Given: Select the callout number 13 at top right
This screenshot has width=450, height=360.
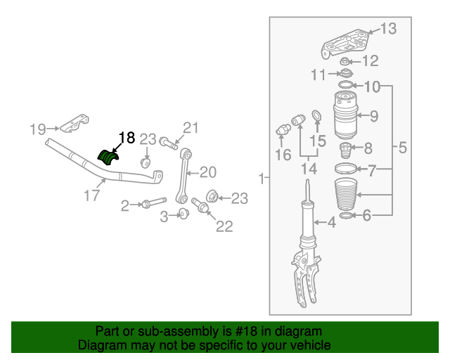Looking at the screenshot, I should click(388, 29).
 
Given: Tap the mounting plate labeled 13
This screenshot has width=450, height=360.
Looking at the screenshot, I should click(346, 44).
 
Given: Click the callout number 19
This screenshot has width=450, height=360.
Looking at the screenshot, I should click(37, 129).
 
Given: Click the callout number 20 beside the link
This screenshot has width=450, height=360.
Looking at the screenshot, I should click(208, 172).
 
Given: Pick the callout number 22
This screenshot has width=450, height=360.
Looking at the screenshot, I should click(224, 226).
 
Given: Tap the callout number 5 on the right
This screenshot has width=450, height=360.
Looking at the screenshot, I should click(402, 148).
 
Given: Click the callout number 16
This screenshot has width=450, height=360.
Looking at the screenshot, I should click(283, 155).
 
